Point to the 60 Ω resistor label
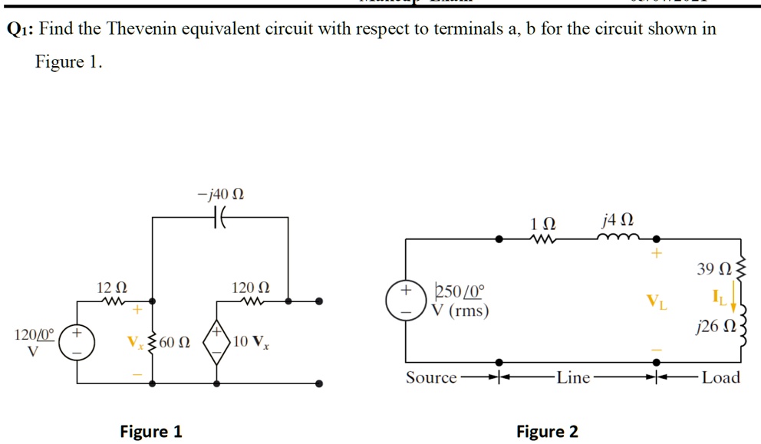tap(175, 342)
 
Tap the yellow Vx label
tap(136, 341)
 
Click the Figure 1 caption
tap(151, 431)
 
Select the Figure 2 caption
tap(547, 431)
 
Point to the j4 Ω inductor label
tap(618, 222)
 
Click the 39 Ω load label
tap(712, 268)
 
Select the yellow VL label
tap(657, 302)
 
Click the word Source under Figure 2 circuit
tap(430, 377)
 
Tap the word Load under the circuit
tap(720, 377)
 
